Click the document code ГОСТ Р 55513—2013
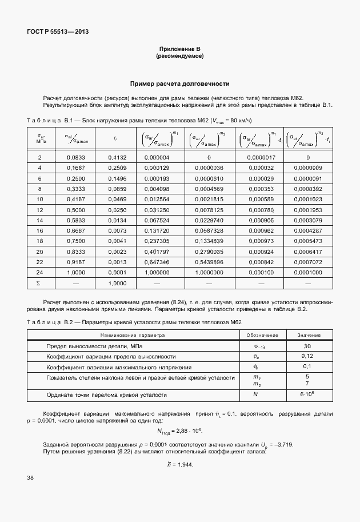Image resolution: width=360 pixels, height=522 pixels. tap(57, 31)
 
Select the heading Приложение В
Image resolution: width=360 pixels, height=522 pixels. tap(179, 50)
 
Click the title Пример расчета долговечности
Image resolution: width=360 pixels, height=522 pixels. tap(179, 83)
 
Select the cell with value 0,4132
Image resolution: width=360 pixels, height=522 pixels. tap(117, 157)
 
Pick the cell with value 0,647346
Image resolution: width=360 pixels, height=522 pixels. tap(157, 262)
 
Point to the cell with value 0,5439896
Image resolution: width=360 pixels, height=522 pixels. tap(209, 262)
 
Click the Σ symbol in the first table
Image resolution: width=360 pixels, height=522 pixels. tap(39, 283)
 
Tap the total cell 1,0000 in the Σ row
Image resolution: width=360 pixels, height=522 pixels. tap(117, 283)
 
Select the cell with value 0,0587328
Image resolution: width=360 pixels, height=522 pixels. tap(209, 230)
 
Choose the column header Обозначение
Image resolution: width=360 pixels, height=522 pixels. tap(262, 335)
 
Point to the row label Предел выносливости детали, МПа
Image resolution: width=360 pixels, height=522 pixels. tap(95, 346)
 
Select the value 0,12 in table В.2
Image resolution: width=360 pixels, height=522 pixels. tap(307, 357)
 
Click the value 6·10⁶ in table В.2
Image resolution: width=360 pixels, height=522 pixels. tap(307, 395)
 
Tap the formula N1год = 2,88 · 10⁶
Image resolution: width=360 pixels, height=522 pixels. tap(179, 431)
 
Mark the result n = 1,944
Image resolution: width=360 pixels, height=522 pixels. tap(179, 464)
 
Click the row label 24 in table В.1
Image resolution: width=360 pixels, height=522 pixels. tap(39, 272)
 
